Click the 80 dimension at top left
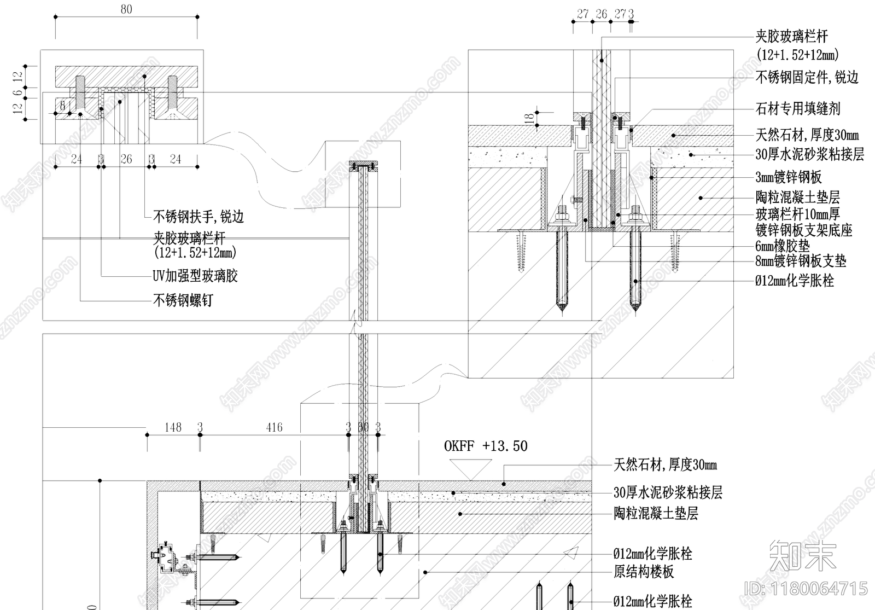pos(126,10)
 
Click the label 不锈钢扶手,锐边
pos(199,217)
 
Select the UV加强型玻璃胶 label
pos(195,276)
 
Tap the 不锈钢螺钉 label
pos(183,300)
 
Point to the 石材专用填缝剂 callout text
pos(798,109)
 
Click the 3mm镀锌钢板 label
pos(789,177)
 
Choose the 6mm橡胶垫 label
pos(783,246)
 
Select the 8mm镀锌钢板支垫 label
pos(801,261)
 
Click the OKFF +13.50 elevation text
pos(486,446)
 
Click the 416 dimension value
pos(274,427)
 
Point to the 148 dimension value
pos(173,427)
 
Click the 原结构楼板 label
pos(644,572)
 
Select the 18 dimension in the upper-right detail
pos(529,118)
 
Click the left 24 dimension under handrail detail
pos(77,159)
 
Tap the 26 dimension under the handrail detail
pos(126,159)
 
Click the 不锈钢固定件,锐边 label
pos(807,78)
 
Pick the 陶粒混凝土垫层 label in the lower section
pos(656,514)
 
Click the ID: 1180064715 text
pos(807,589)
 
